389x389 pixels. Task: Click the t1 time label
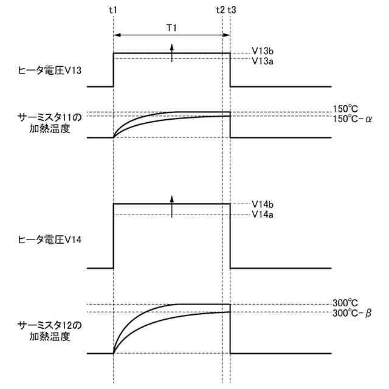(x=114, y=10)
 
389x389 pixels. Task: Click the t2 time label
(x=220, y=10)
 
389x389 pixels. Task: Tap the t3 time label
(x=232, y=10)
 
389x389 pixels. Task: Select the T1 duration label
(x=173, y=27)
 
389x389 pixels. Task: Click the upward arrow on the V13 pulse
(x=172, y=53)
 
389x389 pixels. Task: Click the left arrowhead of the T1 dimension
(x=117, y=35)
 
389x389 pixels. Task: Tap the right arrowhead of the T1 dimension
(x=227, y=35)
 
